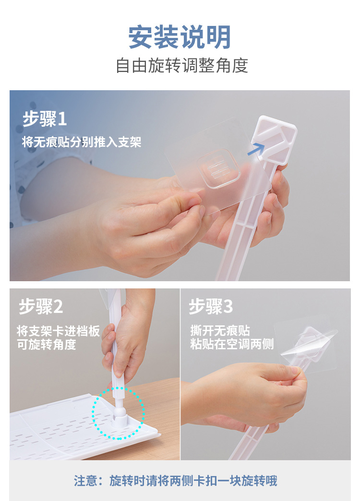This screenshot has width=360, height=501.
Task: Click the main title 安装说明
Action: tap(180, 37)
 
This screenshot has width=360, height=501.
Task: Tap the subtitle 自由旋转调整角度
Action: tap(181, 65)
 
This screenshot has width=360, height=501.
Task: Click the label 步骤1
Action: tap(45, 119)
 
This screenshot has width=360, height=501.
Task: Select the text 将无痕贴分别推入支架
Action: tap(82, 142)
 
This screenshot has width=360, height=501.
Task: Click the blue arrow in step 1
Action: tap(256, 149)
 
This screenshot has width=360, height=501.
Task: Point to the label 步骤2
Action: tap(41, 307)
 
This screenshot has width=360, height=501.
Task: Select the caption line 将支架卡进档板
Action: tap(58, 331)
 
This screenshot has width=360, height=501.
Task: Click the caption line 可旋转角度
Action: tap(47, 345)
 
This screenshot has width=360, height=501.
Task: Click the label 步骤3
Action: tap(210, 307)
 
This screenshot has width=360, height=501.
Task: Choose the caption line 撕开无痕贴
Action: tap(220, 330)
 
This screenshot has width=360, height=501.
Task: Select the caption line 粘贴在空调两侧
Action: tap(232, 344)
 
